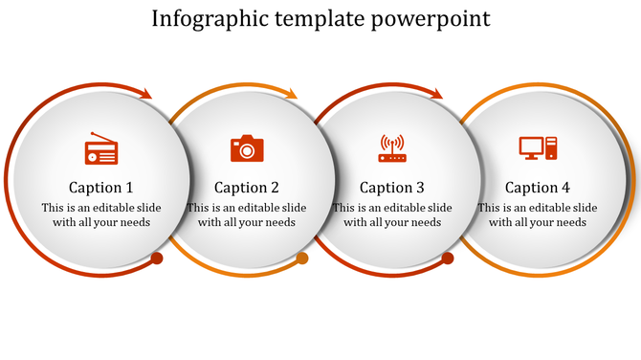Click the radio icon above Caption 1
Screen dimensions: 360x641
(101, 150)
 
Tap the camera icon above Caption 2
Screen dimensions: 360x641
(247, 148)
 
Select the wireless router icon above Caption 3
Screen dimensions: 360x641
(392, 148)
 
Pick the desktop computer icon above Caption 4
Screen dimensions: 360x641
(538, 148)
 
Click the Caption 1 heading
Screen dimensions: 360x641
(101, 188)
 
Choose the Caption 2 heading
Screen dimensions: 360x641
(247, 188)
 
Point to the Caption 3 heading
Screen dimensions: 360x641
(392, 188)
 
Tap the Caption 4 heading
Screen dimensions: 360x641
(538, 188)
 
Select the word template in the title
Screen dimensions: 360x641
(320, 19)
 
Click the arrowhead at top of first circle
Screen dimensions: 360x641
(145, 94)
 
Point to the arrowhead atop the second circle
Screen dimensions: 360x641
(291, 94)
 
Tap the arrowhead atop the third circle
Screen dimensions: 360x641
(436, 94)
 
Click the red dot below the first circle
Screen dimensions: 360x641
(157, 259)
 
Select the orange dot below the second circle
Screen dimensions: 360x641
(302, 259)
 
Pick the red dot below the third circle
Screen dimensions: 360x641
(448, 259)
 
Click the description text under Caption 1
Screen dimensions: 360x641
(101, 215)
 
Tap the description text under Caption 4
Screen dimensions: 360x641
(538, 215)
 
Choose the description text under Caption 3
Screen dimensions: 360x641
(392, 215)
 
